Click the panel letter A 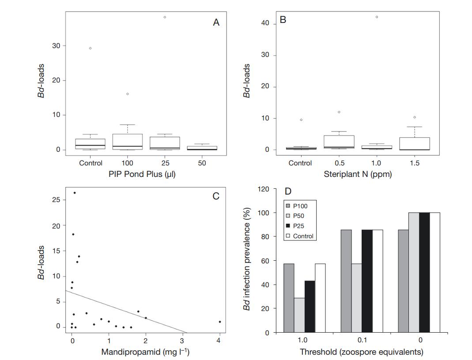(x=216, y=22)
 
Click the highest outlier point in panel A (x=165, y=17)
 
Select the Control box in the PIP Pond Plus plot (x=90, y=144)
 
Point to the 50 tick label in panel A (x=202, y=163)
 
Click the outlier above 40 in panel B (x=377, y=17)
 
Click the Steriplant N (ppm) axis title (x=358, y=174)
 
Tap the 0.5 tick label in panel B (x=339, y=163)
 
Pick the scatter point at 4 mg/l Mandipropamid (x=219, y=322)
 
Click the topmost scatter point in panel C (x=75, y=193)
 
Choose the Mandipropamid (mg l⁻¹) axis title (x=146, y=352)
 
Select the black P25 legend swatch (x=288, y=226)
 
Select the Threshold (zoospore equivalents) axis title (x=362, y=352)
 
